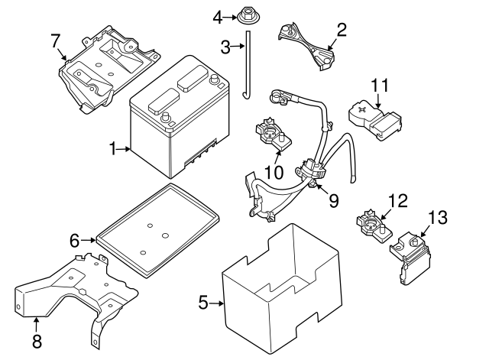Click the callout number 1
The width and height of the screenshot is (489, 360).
coord(112,149)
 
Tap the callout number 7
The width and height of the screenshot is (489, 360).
coord(56,40)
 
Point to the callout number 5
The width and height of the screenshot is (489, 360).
coord(203,303)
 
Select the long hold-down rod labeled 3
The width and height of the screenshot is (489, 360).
coord(247,69)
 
